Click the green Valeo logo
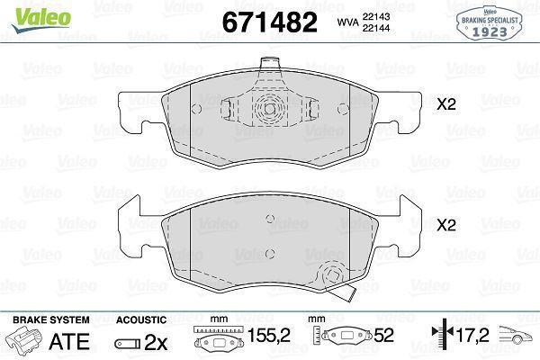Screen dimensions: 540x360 (41, 20)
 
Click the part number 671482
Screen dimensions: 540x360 (270, 22)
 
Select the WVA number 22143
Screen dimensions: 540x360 (375, 16)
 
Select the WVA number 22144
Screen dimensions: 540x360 (375, 28)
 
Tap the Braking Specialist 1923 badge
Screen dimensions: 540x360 (490, 23)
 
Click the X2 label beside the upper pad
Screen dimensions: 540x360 (446, 104)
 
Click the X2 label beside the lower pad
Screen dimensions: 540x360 (446, 225)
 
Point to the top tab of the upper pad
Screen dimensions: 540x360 (269, 65)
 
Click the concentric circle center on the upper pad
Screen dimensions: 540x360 (270, 109)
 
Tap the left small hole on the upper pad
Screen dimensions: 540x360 (196, 109)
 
